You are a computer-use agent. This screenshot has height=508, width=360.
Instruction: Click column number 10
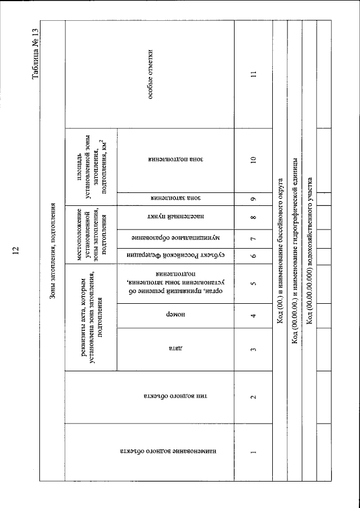[254, 160]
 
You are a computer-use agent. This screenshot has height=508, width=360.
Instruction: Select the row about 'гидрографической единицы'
[295, 253]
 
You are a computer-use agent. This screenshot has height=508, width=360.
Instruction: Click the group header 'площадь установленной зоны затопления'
[91, 160]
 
